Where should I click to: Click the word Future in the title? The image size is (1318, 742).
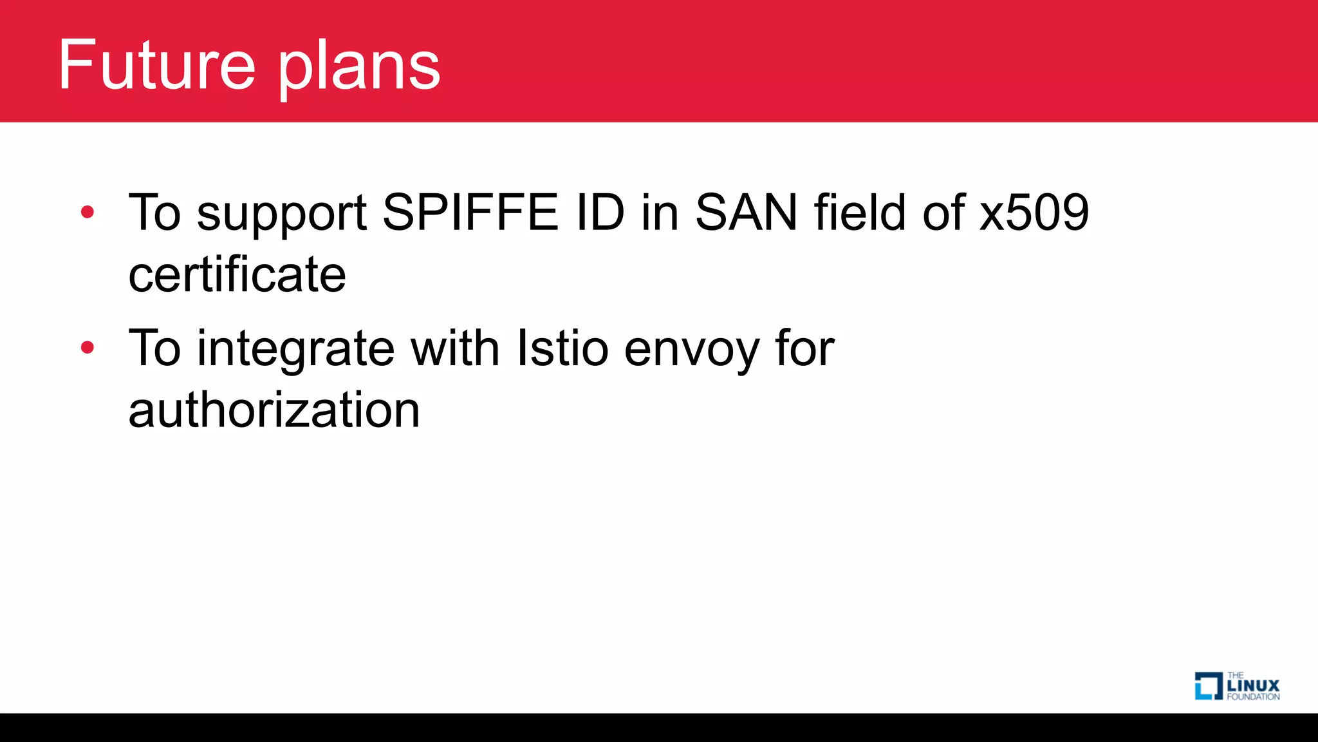[x=157, y=64]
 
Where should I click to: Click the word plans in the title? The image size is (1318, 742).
[x=359, y=68]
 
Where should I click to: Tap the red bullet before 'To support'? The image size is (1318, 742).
[x=88, y=212]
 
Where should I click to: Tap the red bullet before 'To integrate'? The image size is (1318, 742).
[x=88, y=348]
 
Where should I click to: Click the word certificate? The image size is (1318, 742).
[x=237, y=274]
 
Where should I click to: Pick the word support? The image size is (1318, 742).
[x=281, y=216]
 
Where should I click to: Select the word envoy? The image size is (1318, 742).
[x=692, y=351]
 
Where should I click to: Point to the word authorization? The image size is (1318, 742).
[x=274, y=410]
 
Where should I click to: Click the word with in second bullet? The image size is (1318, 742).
[x=455, y=348]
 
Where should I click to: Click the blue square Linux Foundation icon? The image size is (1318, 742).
[x=1208, y=686]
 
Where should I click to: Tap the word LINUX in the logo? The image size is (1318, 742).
[x=1253, y=685]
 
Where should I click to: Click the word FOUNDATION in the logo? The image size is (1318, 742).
[x=1253, y=697]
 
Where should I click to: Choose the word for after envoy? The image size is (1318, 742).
[x=804, y=348]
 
